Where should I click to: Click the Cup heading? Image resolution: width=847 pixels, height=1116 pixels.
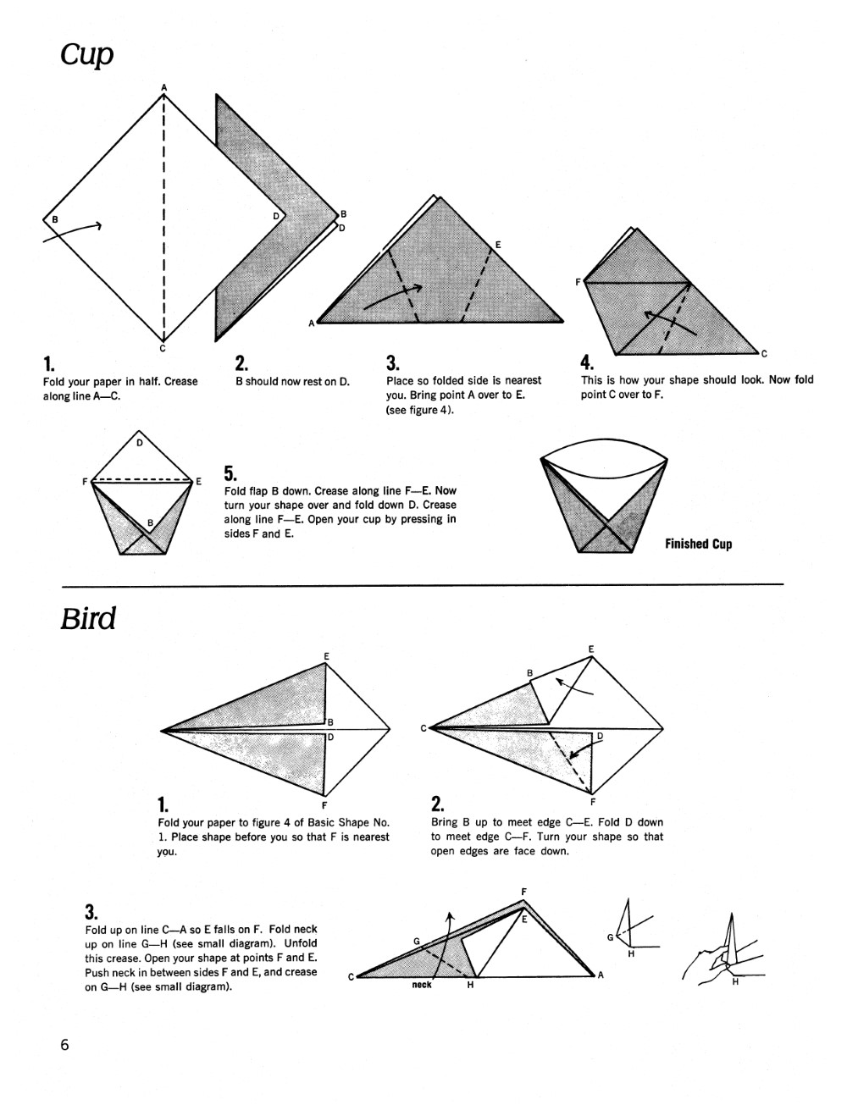(x=86, y=54)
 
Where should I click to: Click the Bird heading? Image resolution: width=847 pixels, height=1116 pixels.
(x=87, y=618)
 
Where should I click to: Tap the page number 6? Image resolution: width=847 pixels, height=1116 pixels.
(x=64, y=1045)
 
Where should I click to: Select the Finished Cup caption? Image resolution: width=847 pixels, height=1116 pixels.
(x=698, y=544)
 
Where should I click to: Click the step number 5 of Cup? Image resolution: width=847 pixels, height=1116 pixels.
(x=230, y=473)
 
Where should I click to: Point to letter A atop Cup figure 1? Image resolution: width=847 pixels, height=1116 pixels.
(x=164, y=87)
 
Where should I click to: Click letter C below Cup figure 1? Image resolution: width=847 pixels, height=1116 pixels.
(x=163, y=348)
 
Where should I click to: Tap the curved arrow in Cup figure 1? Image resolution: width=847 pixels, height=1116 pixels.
(x=75, y=232)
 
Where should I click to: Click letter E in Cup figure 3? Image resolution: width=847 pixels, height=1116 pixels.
(x=497, y=245)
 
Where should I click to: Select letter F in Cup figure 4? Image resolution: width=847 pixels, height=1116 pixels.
(x=578, y=282)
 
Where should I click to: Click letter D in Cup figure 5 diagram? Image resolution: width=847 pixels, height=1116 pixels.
(x=140, y=442)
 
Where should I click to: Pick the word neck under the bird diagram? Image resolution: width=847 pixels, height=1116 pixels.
(x=421, y=985)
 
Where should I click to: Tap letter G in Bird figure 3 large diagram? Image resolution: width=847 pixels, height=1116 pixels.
(x=416, y=941)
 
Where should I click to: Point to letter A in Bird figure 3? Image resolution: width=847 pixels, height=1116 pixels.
(x=601, y=975)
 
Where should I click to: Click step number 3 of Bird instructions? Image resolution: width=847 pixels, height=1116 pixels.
(x=91, y=912)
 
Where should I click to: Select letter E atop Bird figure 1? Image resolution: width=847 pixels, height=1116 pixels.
(x=326, y=655)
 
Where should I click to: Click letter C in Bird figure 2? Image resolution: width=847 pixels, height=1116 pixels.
(x=423, y=727)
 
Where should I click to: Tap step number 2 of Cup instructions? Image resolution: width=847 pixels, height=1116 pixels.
(x=241, y=363)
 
